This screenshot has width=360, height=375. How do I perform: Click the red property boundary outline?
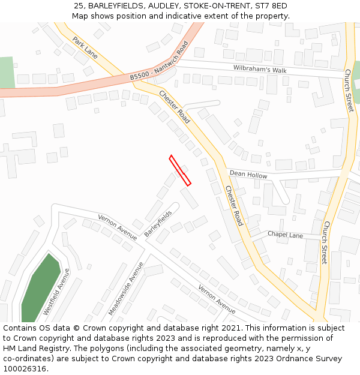click(x=180, y=170)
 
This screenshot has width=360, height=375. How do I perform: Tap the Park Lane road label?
click(x=85, y=47)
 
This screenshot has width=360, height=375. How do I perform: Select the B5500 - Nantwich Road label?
click(x=159, y=61)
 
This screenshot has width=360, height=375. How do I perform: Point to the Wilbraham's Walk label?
click(x=260, y=70)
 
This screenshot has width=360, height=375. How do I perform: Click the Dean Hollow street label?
click(x=248, y=175)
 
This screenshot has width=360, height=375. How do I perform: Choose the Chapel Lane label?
click(x=285, y=235)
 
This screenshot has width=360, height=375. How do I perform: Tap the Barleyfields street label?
click(x=158, y=223)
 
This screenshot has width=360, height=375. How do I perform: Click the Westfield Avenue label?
click(x=56, y=292)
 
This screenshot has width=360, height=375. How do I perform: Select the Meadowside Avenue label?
click(x=126, y=289)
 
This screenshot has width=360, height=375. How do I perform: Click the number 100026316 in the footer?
click(x=25, y=368)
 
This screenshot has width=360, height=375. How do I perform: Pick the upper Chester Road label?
click(x=175, y=107)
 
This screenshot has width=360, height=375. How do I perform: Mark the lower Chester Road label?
click(x=234, y=205)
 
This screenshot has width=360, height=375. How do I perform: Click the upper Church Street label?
click(x=349, y=91)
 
